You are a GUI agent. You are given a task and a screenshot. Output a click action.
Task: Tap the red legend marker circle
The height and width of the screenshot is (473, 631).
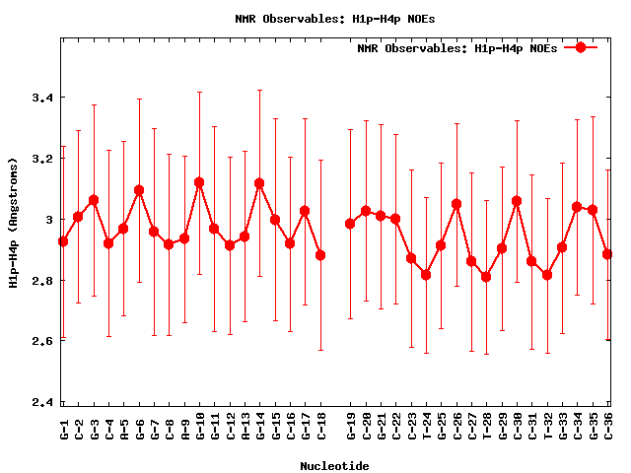[581, 47]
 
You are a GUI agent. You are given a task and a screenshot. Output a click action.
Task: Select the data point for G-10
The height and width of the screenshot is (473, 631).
[199, 182]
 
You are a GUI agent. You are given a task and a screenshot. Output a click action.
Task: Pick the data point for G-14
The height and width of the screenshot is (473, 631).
[259, 183]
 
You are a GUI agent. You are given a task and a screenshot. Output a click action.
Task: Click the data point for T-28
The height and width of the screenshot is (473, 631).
[486, 277]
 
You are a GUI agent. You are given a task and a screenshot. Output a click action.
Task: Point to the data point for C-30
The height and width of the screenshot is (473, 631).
[517, 201]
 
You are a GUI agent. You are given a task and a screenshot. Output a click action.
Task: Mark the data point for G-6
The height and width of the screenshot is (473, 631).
[139, 190]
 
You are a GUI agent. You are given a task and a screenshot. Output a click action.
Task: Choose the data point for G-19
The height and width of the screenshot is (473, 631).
[350, 224]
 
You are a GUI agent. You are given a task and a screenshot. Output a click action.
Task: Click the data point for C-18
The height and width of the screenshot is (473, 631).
[320, 255]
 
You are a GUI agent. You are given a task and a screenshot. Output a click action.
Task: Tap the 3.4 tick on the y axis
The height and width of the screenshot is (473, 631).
[40, 99]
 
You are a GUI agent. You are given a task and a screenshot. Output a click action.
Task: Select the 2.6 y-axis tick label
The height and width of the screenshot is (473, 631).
[40, 342]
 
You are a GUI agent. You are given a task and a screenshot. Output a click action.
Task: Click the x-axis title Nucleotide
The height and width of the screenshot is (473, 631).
[335, 464]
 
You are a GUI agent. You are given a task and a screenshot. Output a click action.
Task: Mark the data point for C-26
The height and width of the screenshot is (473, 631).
[456, 204]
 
